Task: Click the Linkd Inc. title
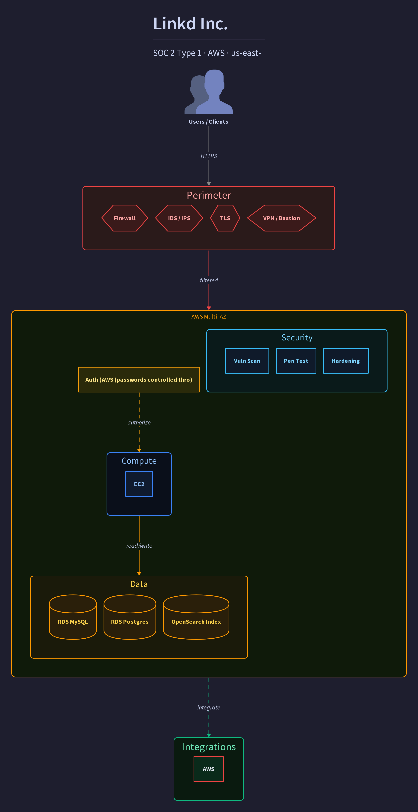pyautogui.click(x=190, y=24)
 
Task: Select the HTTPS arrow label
pyautogui.click(x=209, y=156)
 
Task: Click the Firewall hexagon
pyautogui.click(x=125, y=218)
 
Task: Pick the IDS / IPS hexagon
pyautogui.click(x=179, y=218)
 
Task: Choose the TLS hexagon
pyautogui.click(x=225, y=218)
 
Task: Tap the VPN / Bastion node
pyautogui.click(x=282, y=218)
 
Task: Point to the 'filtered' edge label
pyautogui.click(x=209, y=280)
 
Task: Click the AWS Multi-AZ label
pyautogui.click(x=209, y=316)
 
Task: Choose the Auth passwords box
pyautogui.click(x=139, y=380)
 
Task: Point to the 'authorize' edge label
pyautogui.click(x=139, y=422)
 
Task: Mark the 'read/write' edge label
pyautogui.click(x=139, y=546)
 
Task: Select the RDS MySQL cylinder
pyautogui.click(x=73, y=617)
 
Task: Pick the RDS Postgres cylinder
pyautogui.click(x=130, y=617)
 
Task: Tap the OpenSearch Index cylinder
pyautogui.click(x=196, y=617)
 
